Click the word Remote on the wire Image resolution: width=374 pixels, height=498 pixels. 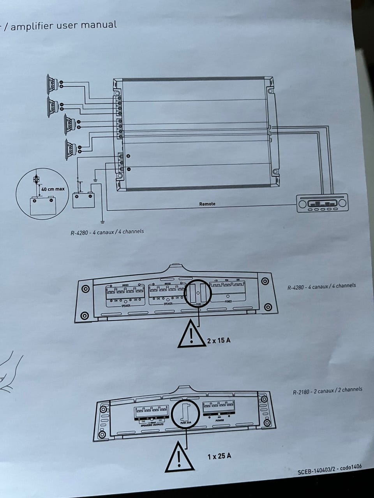207,203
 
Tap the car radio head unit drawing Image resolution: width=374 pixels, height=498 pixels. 322,203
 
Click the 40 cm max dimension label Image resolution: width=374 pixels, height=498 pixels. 53,189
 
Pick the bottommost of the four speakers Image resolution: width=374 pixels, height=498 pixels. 71,148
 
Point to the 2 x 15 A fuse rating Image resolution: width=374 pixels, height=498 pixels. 219,340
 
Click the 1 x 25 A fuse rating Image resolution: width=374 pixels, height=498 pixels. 219,456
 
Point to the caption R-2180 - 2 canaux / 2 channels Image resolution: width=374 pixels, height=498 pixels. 327,390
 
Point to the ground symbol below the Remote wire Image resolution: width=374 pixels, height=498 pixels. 102,223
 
